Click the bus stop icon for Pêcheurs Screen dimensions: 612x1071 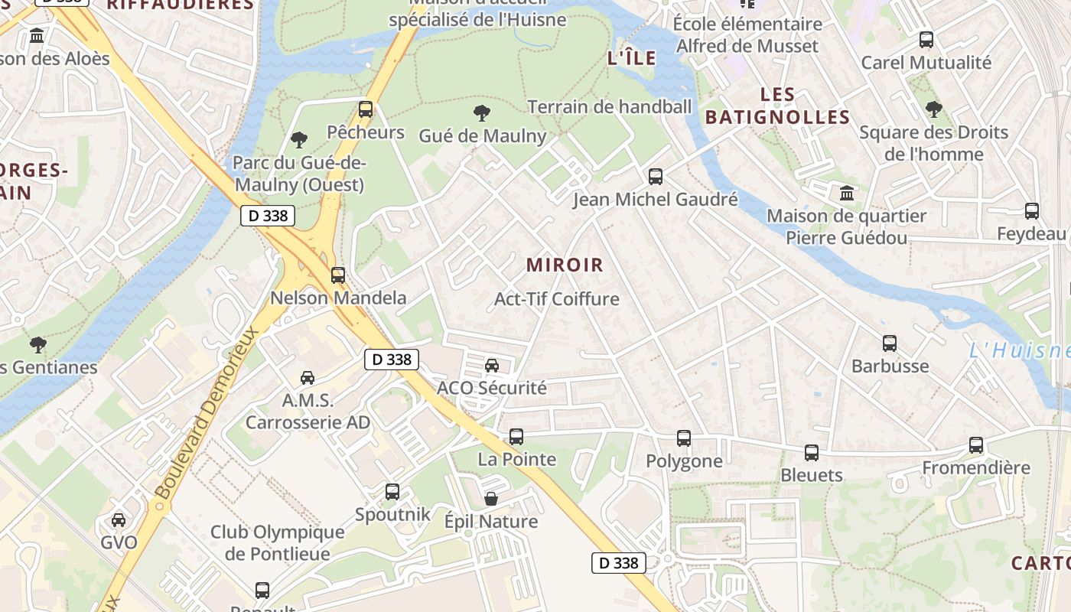[366, 109]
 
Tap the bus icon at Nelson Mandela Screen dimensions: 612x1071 [337, 275]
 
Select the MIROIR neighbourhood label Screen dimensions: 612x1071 [565, 265]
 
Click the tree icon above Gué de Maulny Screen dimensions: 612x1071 [482, 114]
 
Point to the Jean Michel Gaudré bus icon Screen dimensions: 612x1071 [656, 177]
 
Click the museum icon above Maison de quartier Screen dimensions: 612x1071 [846, 193]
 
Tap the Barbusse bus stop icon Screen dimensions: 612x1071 [890, 343]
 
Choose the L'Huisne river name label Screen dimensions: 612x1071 [1018, 351]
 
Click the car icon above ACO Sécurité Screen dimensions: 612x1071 [492, 365]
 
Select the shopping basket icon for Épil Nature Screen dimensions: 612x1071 [491, 499]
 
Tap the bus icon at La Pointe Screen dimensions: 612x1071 [516, 437]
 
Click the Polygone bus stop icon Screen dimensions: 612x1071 [684, 438]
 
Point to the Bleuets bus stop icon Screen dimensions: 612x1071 [812, 453]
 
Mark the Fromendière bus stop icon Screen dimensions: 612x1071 [976, 445]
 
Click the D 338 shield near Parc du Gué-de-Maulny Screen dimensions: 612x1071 [269, 216]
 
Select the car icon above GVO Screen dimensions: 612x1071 [119, 520]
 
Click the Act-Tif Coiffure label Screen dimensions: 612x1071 [556, 298]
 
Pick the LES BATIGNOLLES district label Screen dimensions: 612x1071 [777, 106]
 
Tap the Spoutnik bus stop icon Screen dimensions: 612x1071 [392, 492]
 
